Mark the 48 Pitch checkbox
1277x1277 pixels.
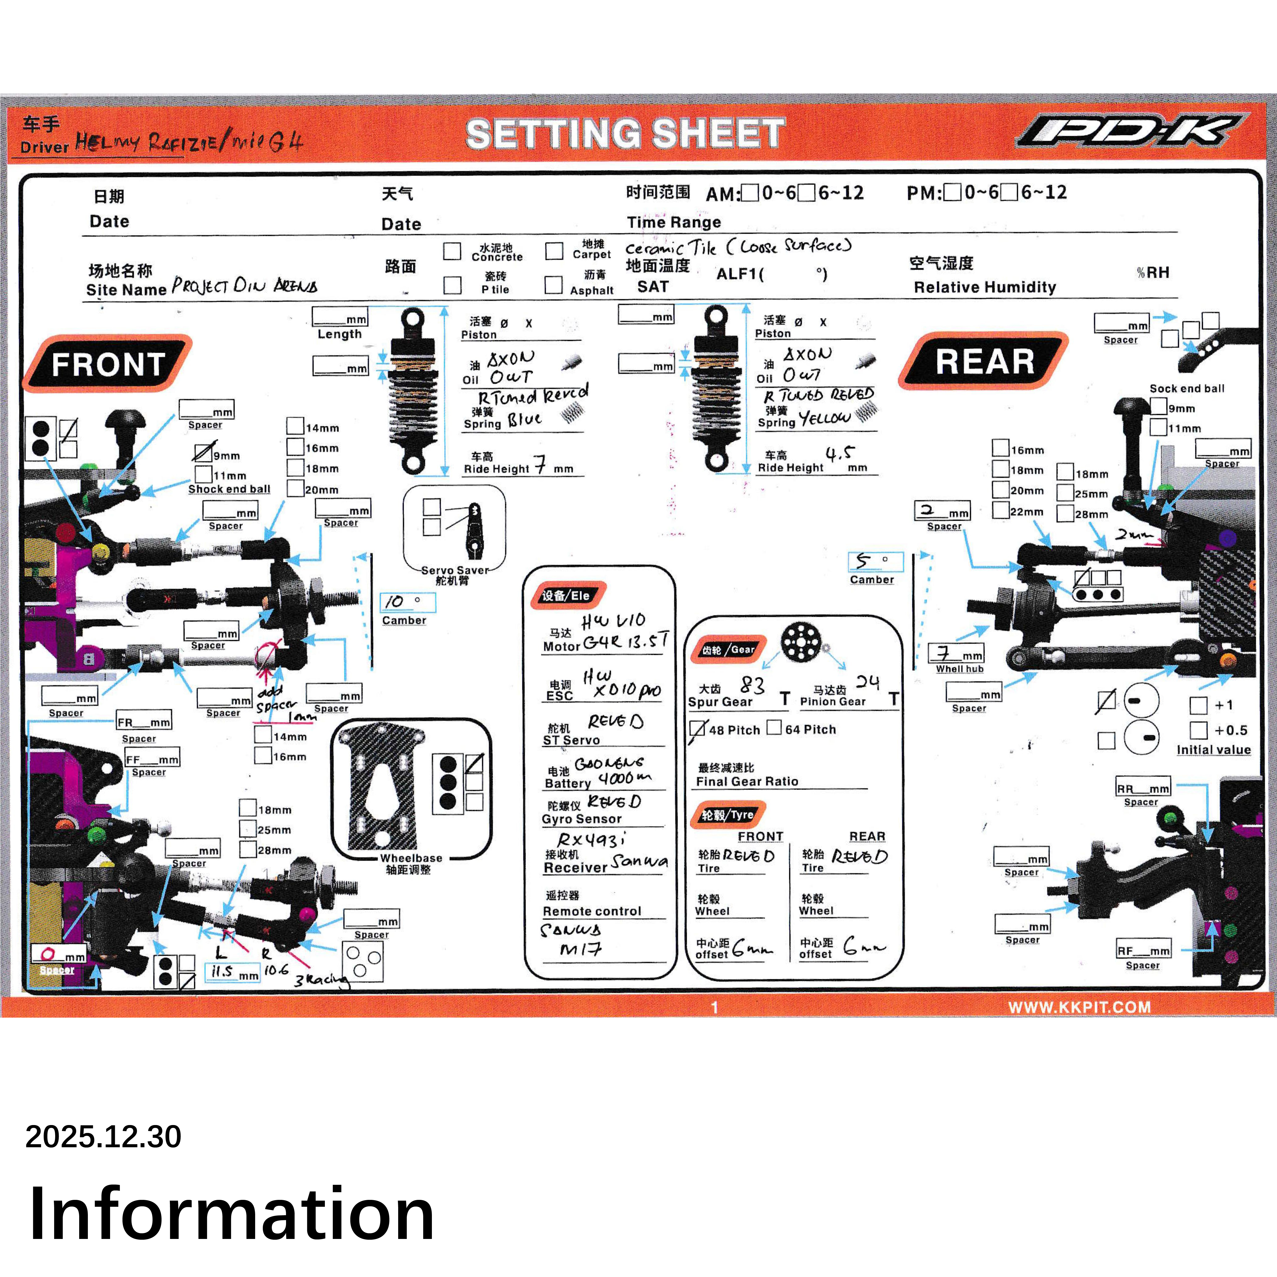tap(697, 729)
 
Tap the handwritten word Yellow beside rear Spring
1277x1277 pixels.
tap(824, 418)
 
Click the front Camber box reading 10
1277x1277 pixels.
tap(408, 602)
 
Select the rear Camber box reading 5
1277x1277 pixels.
tap(875, 561)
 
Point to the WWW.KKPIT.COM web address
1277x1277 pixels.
tap(1079, 1007)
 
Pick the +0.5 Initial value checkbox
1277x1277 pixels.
tap(1198, 730)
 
